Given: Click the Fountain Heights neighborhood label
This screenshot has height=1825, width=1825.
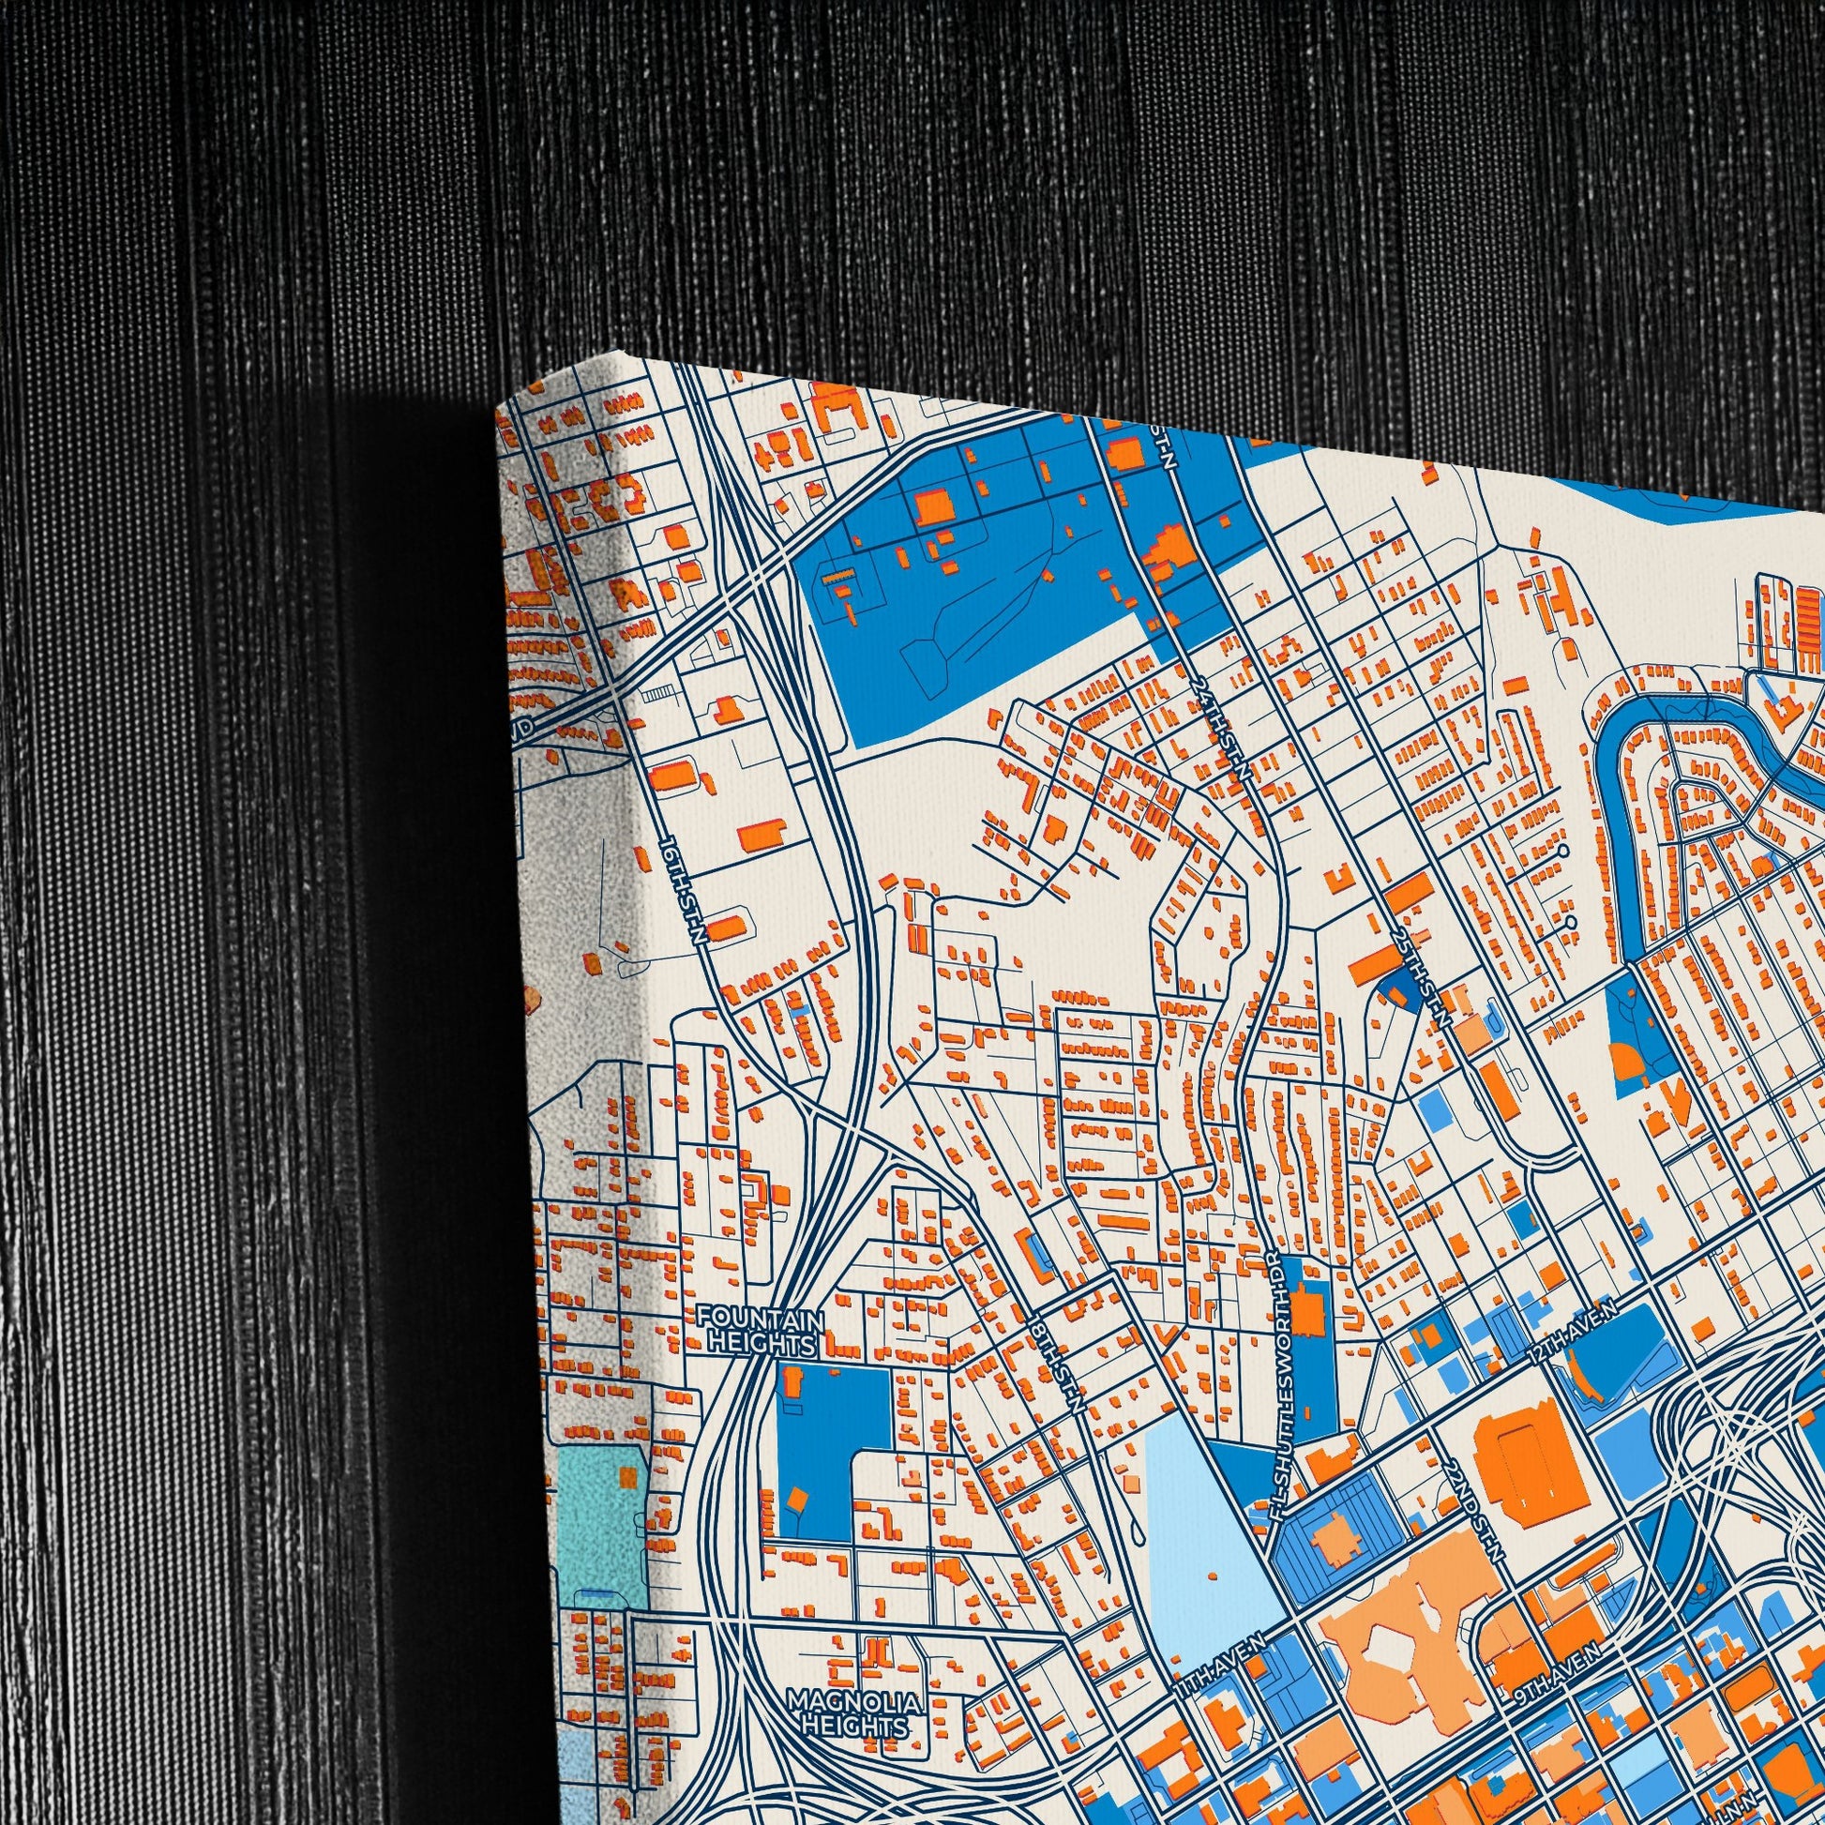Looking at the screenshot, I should pos(762,1332).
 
